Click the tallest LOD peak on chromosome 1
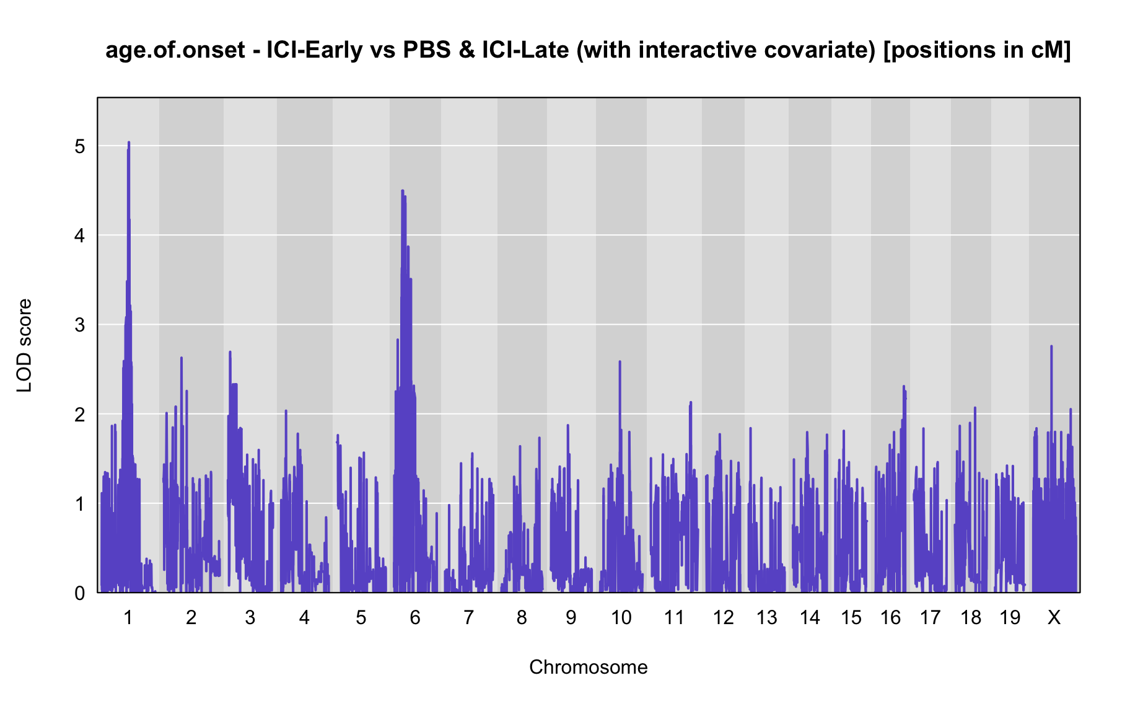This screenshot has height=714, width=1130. (x=128, y=143)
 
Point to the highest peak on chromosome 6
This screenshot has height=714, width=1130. (x=403, y=192)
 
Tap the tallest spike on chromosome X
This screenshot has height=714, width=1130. (x=1051, y=347)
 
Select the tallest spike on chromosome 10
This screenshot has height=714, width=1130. (x=620, y=362)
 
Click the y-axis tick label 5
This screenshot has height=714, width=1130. (x=79, y=146)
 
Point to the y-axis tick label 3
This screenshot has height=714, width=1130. (x=79, y=325)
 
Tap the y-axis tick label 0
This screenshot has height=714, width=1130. (x=79, y=593)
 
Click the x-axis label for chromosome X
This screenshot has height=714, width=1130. (x=1054, y=617)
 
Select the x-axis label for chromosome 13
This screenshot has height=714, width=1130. (x=766, y=617)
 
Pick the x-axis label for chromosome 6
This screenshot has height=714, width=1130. (x=415, y=617)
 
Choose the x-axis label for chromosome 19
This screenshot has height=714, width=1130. (x=1010, y=617)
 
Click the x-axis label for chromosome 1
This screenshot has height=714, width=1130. (x=128, y=617)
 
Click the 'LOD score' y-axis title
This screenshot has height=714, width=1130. (x=25, y=345)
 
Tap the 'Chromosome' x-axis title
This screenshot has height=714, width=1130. (x=589, y=667)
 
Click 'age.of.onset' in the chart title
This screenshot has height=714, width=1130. (x=175, y=50)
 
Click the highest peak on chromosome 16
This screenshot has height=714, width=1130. (x=903, y=387)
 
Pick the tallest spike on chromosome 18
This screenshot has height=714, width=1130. (x=975, y=408)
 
